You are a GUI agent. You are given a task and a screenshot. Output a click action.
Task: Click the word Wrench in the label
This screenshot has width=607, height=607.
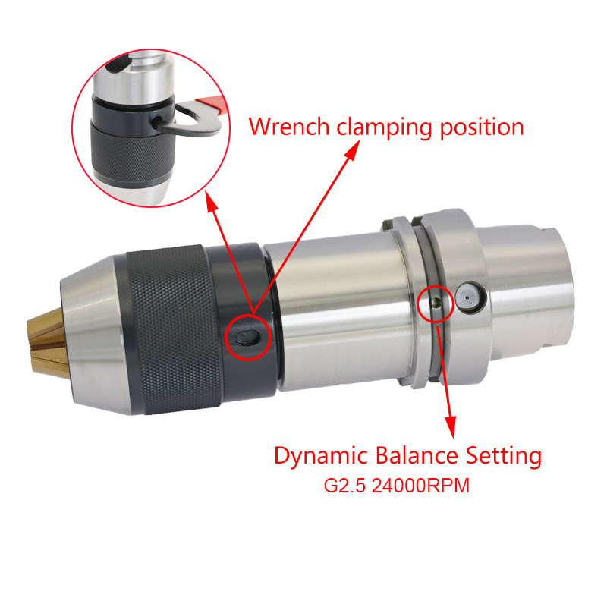pos(288,126)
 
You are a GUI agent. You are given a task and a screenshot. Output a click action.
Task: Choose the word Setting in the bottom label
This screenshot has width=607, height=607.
pos(503,456)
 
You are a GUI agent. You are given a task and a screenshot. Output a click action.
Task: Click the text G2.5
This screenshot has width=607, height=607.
pos(344,486)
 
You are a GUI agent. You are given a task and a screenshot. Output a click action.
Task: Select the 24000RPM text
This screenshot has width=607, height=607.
pos(420,486)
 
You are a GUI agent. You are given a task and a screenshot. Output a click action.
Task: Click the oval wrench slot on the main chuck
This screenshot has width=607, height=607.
pos(247,338)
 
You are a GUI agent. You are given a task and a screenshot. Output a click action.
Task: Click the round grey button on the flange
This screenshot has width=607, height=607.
pos(469,297)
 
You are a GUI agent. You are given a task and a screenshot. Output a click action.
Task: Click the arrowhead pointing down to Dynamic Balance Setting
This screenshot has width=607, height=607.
pos(451,427)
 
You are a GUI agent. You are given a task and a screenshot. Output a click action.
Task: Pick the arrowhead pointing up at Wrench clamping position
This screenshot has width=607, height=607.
pos(352,150)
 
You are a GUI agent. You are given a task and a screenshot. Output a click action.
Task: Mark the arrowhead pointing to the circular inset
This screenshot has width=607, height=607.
pos(211,202)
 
